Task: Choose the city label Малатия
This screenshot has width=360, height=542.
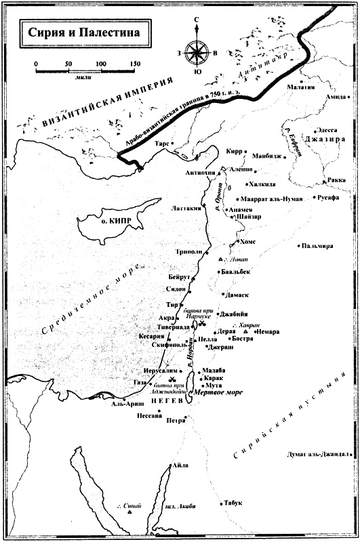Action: [301, 87]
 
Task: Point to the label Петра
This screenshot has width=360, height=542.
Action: [176, 420]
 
